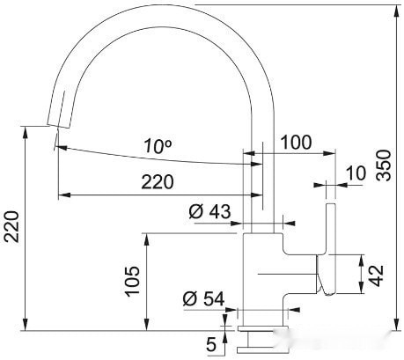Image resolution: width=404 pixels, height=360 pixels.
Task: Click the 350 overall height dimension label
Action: click(x=386, y=165)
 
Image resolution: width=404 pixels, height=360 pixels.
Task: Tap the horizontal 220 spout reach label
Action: click(x=157, y=182)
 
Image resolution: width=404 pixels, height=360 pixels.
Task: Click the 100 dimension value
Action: click(x=295, y=141)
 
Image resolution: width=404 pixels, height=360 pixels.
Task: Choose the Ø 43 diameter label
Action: click(x=209, y=211)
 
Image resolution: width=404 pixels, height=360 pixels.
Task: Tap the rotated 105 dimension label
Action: click(x=131, y=281)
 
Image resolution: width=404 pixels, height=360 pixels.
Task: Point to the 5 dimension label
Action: click(x=210, y=342)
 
